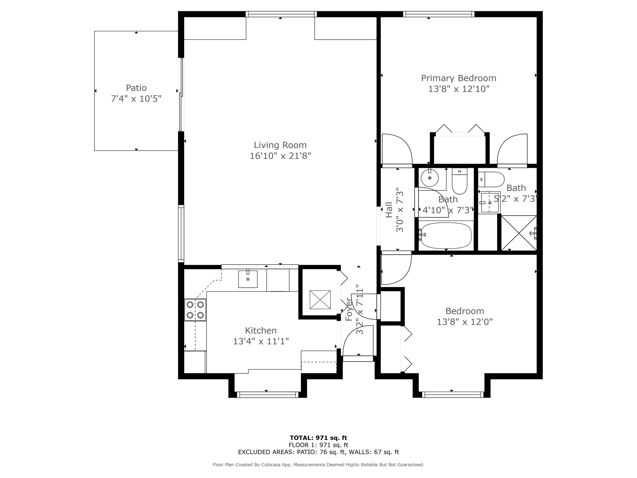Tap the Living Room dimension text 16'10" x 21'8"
280,156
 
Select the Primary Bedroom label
458,78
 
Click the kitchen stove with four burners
195,310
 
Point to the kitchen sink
248,279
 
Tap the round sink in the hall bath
429,178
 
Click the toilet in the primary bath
491,179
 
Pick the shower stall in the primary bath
519,233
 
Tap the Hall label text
389,210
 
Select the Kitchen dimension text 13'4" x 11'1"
261,341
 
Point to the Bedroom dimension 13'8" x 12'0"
465,321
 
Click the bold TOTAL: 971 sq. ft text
318,438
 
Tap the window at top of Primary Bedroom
439,14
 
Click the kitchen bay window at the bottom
268,395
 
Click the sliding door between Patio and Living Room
181,95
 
